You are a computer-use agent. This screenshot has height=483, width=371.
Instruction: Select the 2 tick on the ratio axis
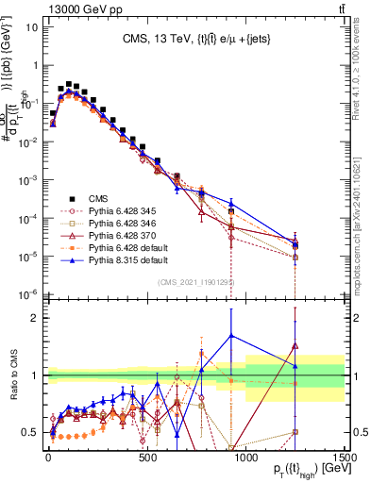[38, 318]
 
